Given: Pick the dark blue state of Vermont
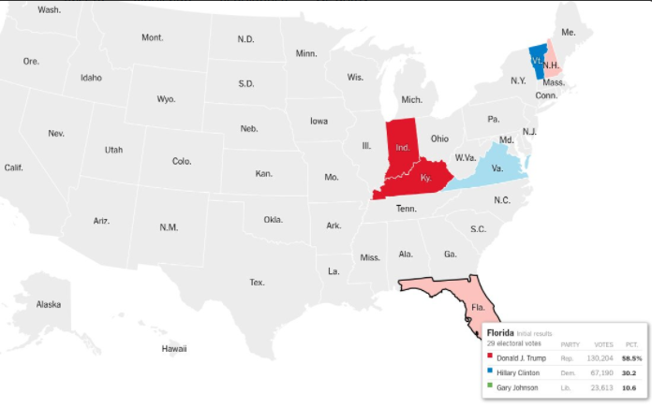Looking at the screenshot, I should coord(537,61).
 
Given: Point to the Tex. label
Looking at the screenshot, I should coord(257,282).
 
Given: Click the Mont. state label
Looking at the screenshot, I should coord(152,37).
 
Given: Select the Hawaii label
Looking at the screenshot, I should coord(174,349).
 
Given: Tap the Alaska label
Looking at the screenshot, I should coord(49,305).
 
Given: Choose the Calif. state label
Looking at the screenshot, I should coord(13,168).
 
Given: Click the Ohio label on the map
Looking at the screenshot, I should coord(439,138).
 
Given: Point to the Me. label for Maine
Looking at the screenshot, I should coord(568,32).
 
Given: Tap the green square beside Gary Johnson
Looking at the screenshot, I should coord(490,387).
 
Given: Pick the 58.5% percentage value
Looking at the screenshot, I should coord(630,357).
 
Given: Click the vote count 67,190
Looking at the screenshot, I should coord(600,372).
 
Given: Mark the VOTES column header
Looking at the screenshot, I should coord(604,343).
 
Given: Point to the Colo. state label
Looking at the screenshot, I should coord(182,161).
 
